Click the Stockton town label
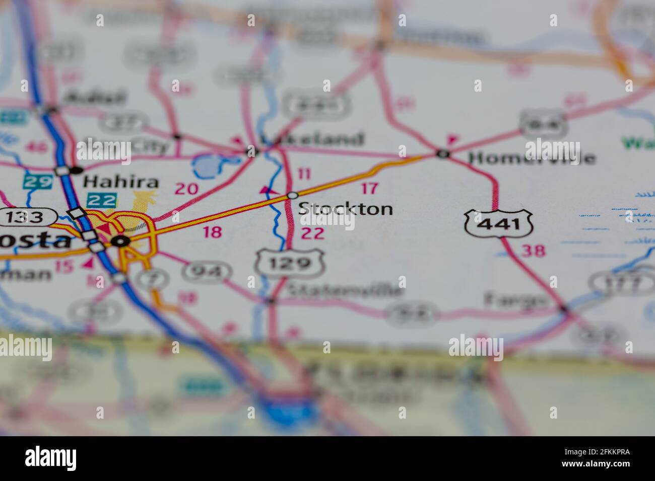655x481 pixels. pyautogui.click(x=346, y=209)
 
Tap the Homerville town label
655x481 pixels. pyautogui.click(x=532, y=158)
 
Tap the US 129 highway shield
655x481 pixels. pyautogui.click(x=290, y=263)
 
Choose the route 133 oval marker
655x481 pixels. pyautogui.click(x=28, y=217)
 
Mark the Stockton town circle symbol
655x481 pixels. pyautogui.click(x=292, y=195)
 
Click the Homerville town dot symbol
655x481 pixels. pyautogui.click(x=442, y=154)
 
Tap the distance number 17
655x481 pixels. pyautogui.click(x=370, y=189)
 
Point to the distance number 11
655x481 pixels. pyautogui.click(x=304, y=174)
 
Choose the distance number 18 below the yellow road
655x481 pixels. pyautogui.click(x=212, y=232)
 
